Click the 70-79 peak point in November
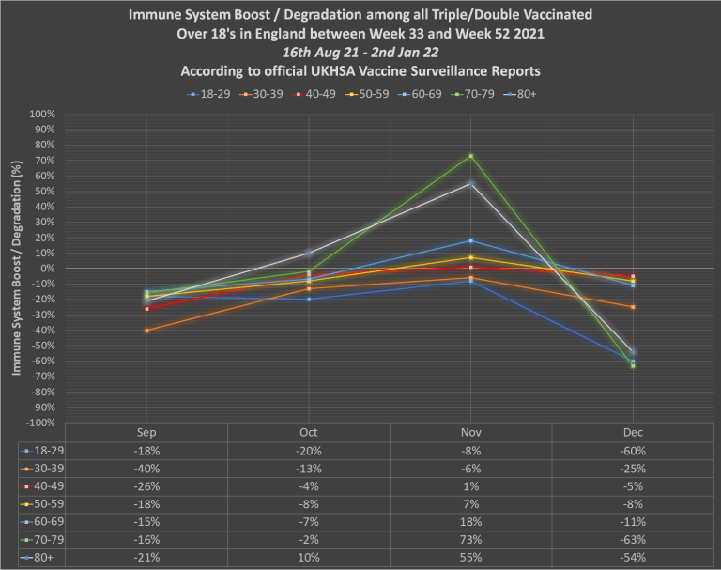(470, 156)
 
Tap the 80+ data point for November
(470, 184)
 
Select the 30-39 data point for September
(146, 331)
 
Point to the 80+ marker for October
(309, 253)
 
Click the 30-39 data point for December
(633, 307)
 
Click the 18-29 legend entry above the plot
(206, 94)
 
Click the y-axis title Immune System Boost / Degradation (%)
(17, 269)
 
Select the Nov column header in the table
(470, 432)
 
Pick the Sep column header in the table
(146, 432)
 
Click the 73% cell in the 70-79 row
(470, 540)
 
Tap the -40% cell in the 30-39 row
(146, 469)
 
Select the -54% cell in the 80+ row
(633, 558)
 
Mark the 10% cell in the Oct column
(309, 558)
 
